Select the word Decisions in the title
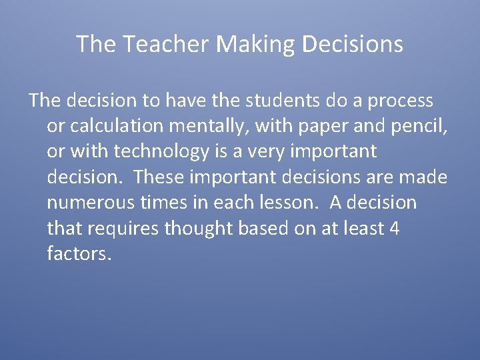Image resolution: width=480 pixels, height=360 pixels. (x=353, y=45)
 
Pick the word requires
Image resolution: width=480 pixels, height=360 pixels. (x=122, y=229)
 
